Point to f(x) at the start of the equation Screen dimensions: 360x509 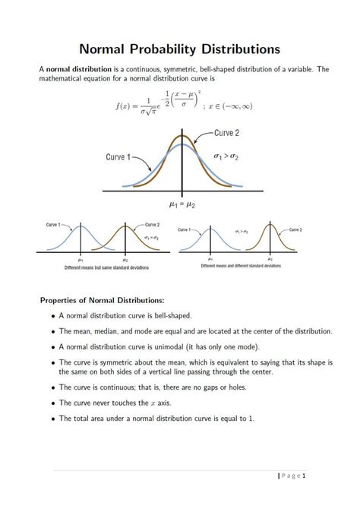tap(125, 106)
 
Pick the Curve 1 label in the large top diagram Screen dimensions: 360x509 tap(118, 158)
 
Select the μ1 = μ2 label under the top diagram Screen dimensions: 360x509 tap(182, 204)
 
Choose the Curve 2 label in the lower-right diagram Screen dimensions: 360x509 tap(295, 229)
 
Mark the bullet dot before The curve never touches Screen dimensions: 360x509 tap(52, 403)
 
